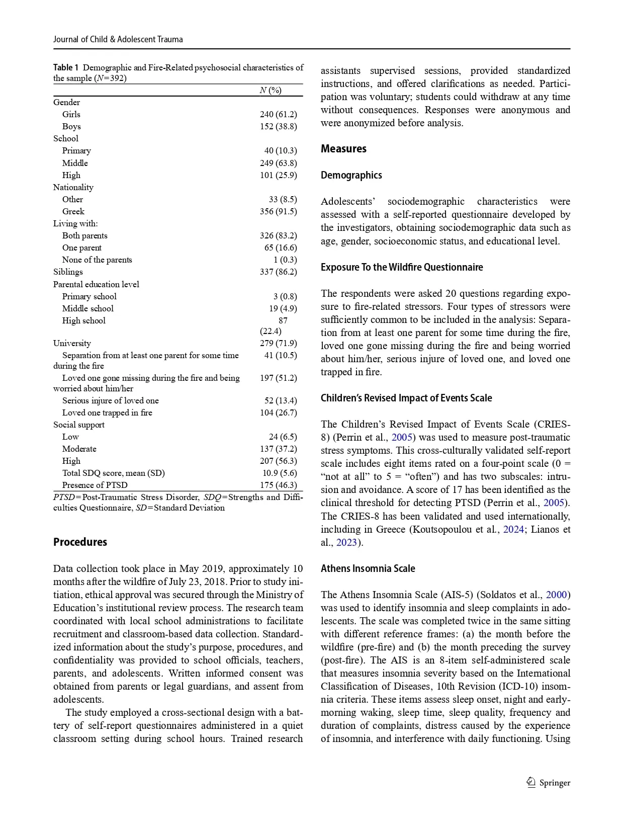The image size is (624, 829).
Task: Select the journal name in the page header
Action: (118, 39)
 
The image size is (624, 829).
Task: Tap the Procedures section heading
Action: (80, 542)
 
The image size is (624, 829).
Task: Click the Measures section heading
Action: (343, 149)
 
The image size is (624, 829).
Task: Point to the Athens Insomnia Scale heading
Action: (368, 568)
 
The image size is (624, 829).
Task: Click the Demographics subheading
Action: (351, 175)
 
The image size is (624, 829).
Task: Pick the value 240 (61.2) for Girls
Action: (278, 114)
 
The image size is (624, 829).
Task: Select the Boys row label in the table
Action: (71, 126)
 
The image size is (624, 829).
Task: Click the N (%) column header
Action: (271, 90)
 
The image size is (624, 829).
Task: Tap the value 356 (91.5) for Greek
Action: (278, 211)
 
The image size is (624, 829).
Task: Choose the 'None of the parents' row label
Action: (97, 260)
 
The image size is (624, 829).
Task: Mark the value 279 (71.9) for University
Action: (278, 343)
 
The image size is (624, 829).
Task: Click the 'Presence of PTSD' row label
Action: (95, 485)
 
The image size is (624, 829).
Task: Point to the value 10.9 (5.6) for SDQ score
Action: (280, 473)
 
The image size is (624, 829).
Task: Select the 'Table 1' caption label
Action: (66, 67)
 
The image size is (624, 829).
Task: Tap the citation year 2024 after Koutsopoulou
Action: (513, 529)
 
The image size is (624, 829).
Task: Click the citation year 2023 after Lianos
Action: (346, 542)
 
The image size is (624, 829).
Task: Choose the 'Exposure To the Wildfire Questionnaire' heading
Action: (402, 267)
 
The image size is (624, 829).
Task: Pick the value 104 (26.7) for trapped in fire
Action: (278, 412)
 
